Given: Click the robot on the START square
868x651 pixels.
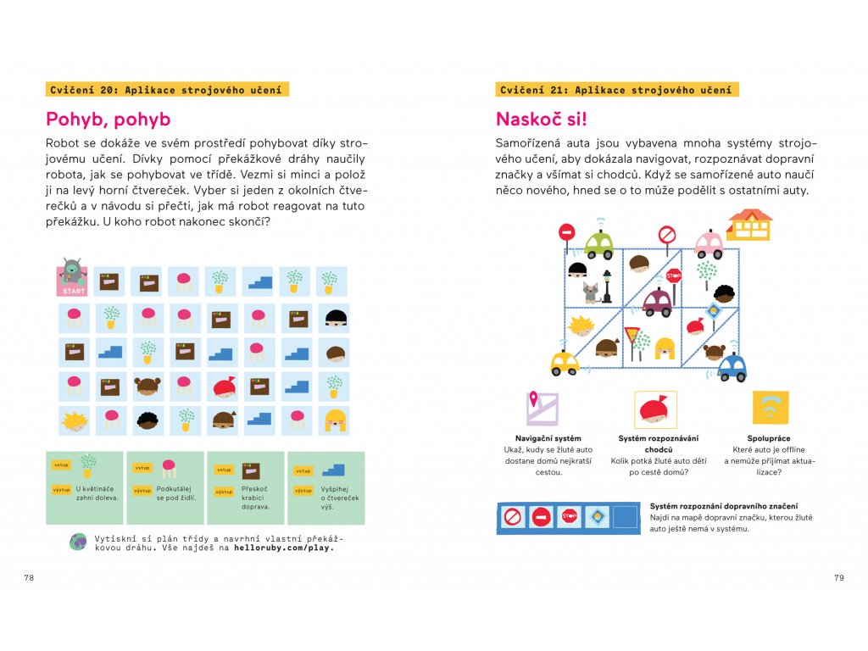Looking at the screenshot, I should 73,271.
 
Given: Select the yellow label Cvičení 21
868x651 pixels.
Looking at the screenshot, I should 616,90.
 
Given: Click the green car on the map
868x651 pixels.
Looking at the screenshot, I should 598,244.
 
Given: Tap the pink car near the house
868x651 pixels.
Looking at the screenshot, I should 709,244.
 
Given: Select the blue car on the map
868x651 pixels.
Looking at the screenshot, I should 732,368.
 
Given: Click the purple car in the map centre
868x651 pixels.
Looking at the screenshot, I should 657,302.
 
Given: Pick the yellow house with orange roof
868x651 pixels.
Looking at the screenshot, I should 749,225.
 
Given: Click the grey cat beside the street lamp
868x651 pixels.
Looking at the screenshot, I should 590,292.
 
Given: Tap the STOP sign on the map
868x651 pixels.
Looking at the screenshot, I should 674,275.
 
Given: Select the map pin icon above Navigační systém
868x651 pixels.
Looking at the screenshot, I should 541,408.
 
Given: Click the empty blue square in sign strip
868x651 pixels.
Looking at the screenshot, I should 626,515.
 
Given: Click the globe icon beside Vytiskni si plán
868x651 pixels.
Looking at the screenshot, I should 78,542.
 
